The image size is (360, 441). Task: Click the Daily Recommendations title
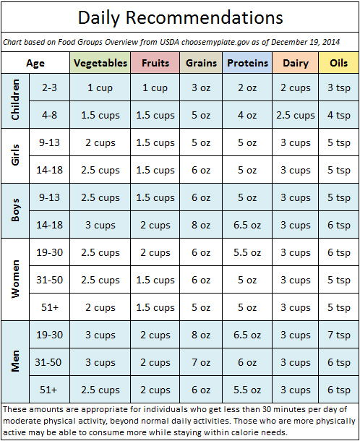click(x=180, y=17)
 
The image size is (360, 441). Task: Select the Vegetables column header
click(x=100, y=63)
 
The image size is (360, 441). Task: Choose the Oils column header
click(x=338, y=63)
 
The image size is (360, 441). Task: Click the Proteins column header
click(x=247, y=63)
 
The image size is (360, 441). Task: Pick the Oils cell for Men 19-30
click(x=338, y=335)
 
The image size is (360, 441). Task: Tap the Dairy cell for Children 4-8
click(x=295, y=115)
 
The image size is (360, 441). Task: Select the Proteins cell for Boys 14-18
click(x=247, y=225)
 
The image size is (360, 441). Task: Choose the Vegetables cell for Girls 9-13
click(x=100, y=142)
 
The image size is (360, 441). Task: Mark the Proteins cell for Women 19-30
click(x=247, y=252)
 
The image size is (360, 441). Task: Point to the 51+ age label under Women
click(x=48, y=307)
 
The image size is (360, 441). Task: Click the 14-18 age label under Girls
click(x=48, y=170)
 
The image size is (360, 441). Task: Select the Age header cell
click(x=35, y=63)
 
